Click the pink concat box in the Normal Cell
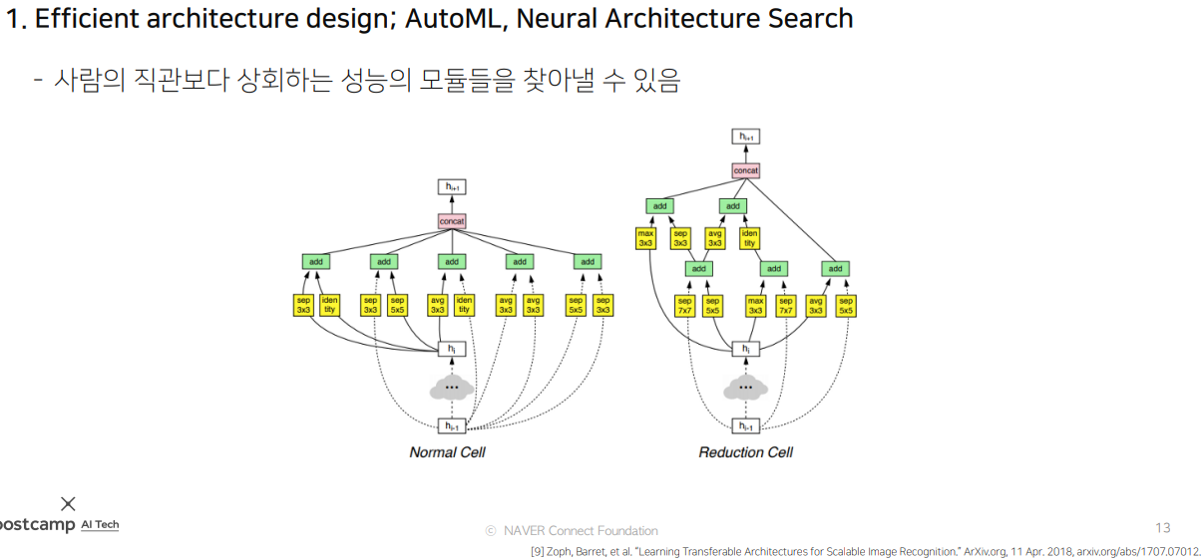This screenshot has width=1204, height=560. click(452, 221)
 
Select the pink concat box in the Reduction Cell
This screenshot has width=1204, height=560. click(746, 170)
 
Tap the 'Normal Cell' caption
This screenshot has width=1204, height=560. click(447, 452)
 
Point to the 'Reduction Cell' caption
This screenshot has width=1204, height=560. click(745, 452)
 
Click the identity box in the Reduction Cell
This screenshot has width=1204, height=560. click(749, 238)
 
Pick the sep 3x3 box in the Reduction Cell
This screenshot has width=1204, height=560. click(680, 238)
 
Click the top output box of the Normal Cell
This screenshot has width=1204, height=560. click(452, 186)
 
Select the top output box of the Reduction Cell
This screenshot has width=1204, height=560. click(746, 137)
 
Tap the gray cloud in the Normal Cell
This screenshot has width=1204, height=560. click(452, 387)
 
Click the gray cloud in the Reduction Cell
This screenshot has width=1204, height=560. click(745, 387)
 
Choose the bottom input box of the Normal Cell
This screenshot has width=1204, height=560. click(452, 426)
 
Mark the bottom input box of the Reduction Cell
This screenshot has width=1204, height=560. click(745, 426)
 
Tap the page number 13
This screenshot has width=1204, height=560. click(1162, 528)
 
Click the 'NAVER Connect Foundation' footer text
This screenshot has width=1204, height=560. click(580, 531)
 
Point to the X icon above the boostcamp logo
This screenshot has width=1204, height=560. click(68, 503)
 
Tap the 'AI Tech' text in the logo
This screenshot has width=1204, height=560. click(100, 525)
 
